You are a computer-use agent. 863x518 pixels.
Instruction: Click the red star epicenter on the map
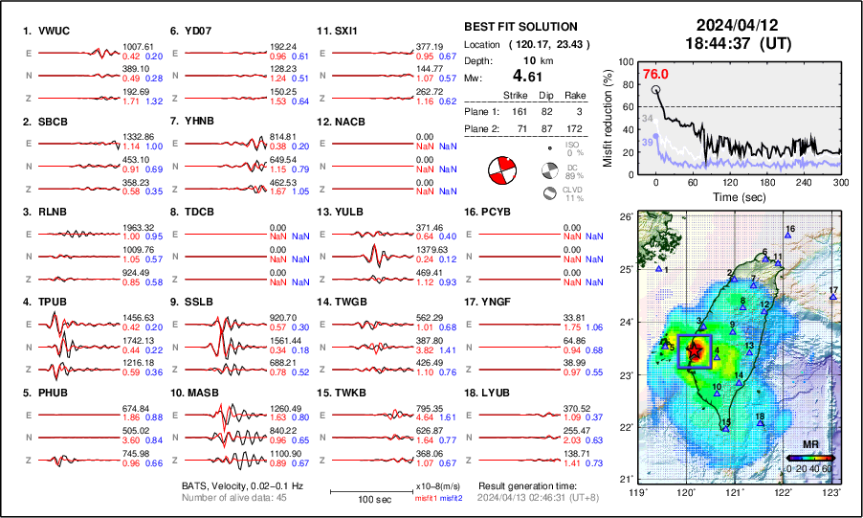(696, 349)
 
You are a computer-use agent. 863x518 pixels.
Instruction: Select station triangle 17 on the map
(833, 297)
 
